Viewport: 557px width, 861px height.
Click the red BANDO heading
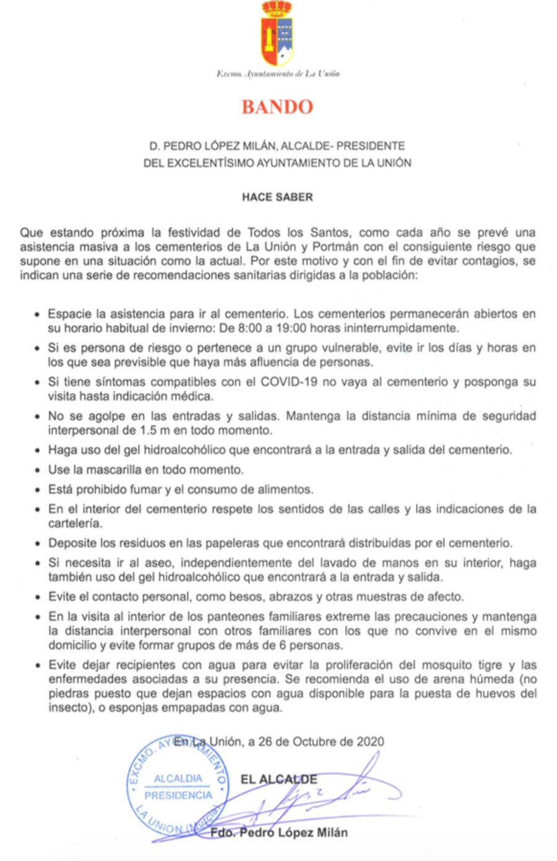click(x=277, y=107)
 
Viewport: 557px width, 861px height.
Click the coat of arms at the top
click(x=277, y=34)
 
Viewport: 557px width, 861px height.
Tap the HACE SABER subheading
click(x=277, y=197)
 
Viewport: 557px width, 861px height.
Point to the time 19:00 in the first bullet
click(x=286, y=328)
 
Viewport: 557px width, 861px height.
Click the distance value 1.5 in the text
click(x=146, y=430)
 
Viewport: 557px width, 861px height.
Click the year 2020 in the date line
click(x=370, y=742)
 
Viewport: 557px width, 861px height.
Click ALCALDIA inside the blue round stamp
click(x=178, y=778)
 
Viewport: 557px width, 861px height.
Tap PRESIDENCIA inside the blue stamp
click(x=178, y=795)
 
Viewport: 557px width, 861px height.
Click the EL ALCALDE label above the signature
click(x=278, y=780)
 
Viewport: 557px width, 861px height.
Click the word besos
click(x=231, y=597)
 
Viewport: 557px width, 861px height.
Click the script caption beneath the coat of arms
click(x=278, y=74)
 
